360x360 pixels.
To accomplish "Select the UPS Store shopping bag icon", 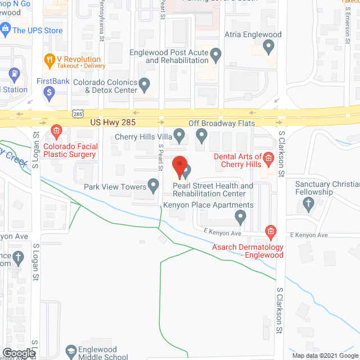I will (x=6, y=28).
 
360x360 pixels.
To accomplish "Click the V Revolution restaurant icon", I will (x=49, y=58).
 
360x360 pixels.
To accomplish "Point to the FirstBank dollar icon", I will (x=49, y=91).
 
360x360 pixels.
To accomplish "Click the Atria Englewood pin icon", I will (x=269, y=48).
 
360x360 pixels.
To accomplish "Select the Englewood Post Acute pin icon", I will (x=216, y=55).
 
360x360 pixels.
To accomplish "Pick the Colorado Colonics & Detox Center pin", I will (x=145, y=84).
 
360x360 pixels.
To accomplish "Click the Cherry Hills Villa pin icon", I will (x=179, y=136).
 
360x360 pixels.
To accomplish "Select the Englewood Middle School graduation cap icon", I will (x=71, y=351).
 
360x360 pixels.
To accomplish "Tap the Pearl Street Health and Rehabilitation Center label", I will (x=213, y=190).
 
